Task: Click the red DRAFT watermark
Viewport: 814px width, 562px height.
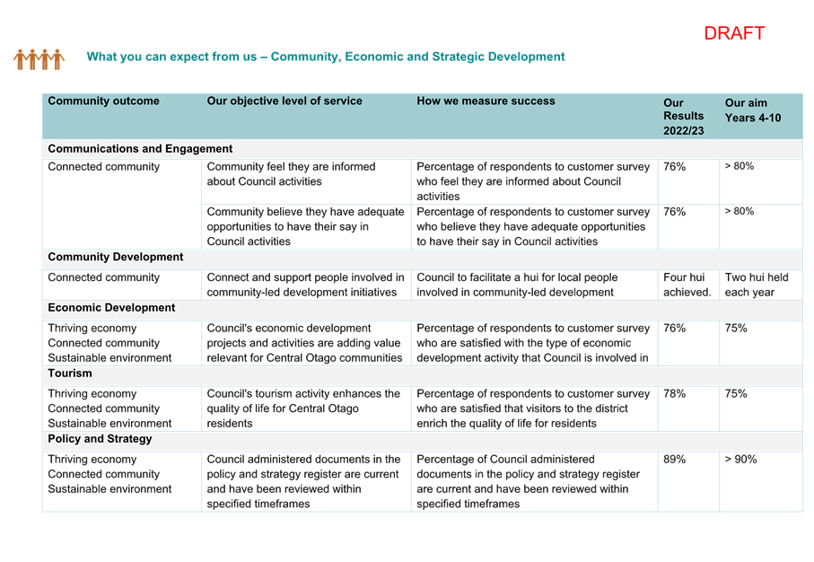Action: pos(734,33)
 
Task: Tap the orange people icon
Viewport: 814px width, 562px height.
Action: pos(39,59)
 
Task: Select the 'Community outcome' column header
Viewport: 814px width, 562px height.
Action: pos(103,101)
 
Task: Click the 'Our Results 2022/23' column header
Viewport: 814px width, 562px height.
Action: pos(683,117)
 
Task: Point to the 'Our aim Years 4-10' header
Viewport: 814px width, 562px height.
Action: pos(753,110)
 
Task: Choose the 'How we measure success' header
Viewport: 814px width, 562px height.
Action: pos(486,101)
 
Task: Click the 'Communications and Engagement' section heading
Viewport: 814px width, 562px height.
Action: pos(140,148)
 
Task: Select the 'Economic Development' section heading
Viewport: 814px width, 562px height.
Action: pos(111,308)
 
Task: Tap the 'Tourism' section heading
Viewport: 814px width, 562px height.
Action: pos(70,373)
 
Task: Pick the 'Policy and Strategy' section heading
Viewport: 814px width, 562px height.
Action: pos(100,439)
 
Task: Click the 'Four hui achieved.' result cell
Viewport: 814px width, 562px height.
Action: pos(687,285)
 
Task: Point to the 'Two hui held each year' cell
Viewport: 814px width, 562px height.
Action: pos(757,285)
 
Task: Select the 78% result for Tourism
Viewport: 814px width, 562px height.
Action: pos(674,394)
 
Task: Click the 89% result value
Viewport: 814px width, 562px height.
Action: pos(674,459)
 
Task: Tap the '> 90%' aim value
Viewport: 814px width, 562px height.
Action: pos(740,459)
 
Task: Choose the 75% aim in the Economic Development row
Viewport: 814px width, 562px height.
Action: pos(736,329)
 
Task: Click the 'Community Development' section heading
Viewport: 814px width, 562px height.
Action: pos(115,257)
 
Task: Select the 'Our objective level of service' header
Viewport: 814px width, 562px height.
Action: pos(284,101)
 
